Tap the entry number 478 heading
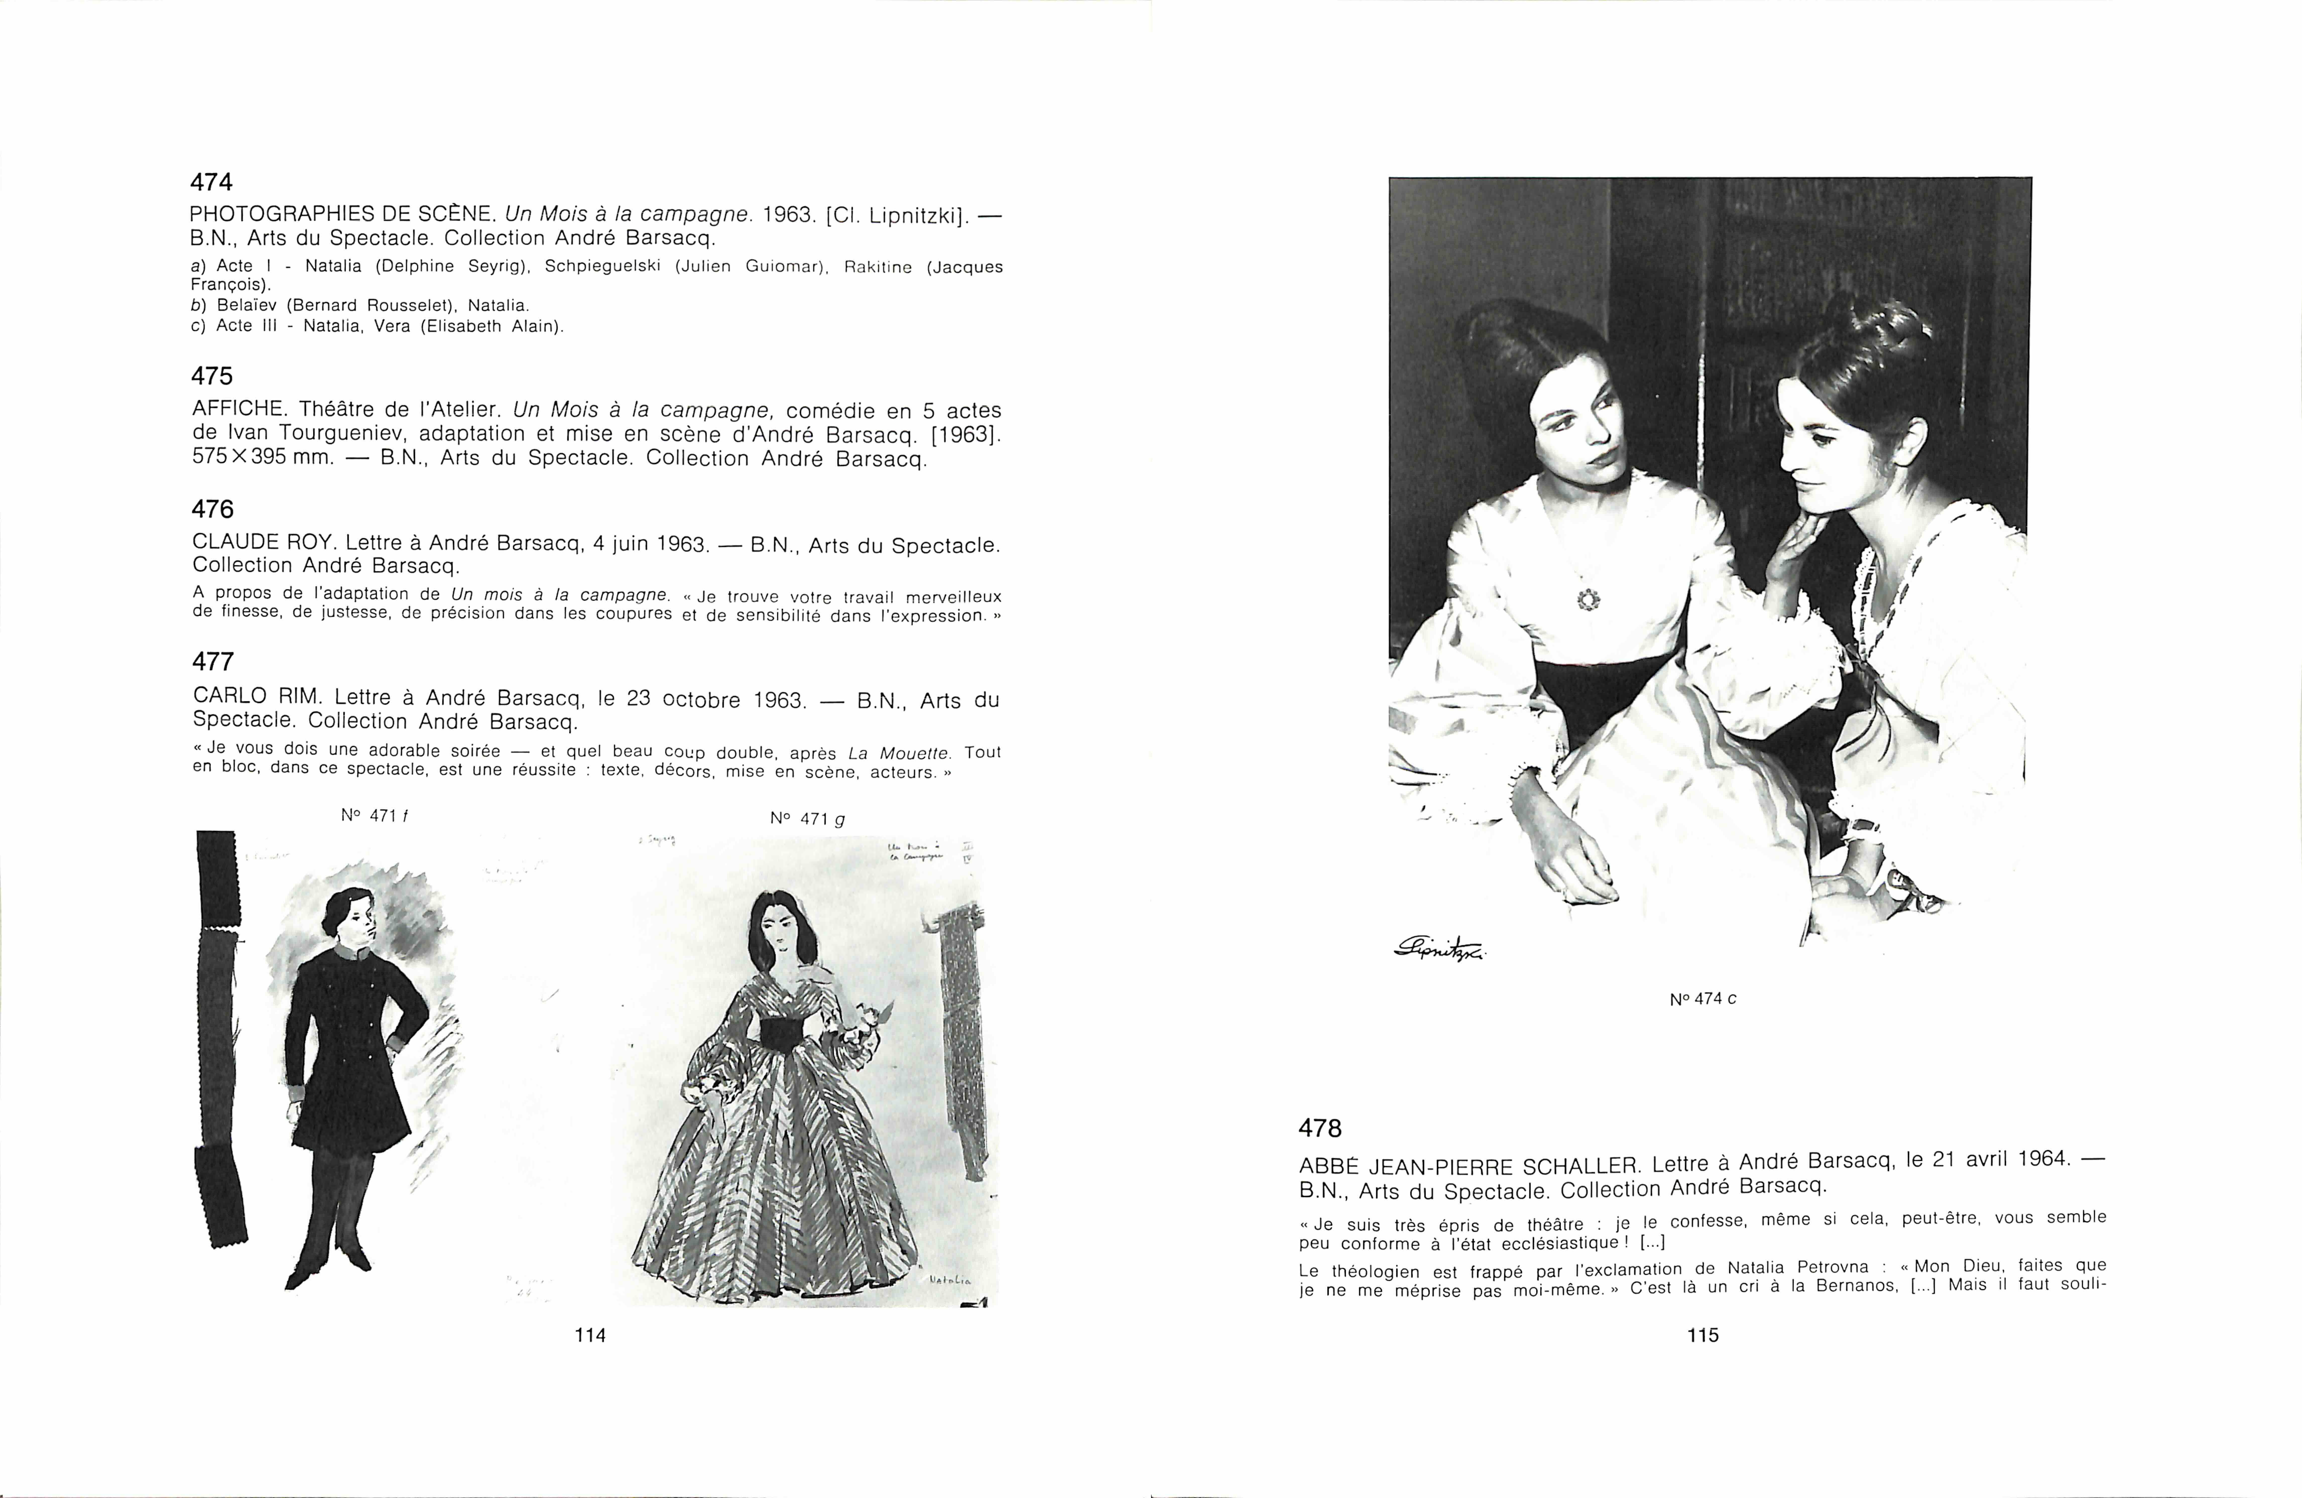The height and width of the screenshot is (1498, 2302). [1320, 1128]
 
